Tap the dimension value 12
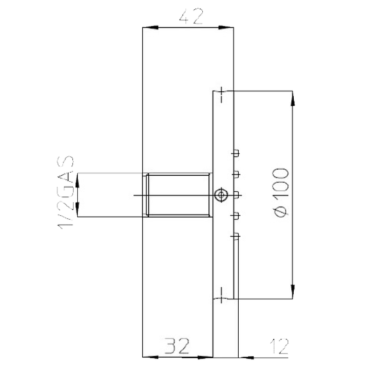279,346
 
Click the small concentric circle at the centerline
221,195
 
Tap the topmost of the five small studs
236,152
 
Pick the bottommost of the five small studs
236,236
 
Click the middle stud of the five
236,194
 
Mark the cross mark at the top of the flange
221,94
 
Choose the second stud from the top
236,173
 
